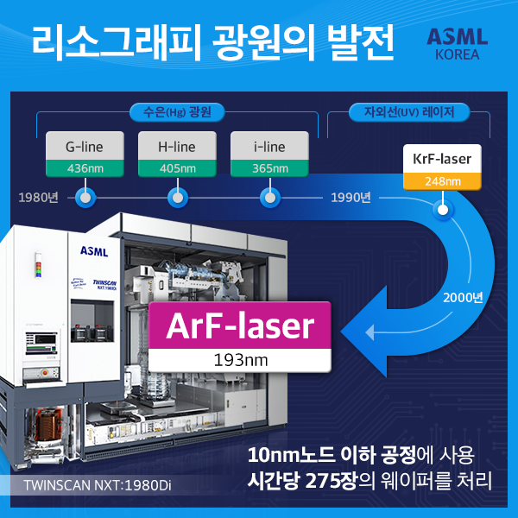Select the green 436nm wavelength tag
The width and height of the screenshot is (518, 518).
click(85, 167)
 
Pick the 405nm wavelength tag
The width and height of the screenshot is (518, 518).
click(178, 167)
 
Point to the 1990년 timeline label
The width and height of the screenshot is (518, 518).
click(351, 198)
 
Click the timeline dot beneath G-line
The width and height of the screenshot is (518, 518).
click(85, 199)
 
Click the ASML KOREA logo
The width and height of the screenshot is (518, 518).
click(458, 44)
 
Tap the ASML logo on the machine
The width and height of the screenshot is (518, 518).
click(93, 251)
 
